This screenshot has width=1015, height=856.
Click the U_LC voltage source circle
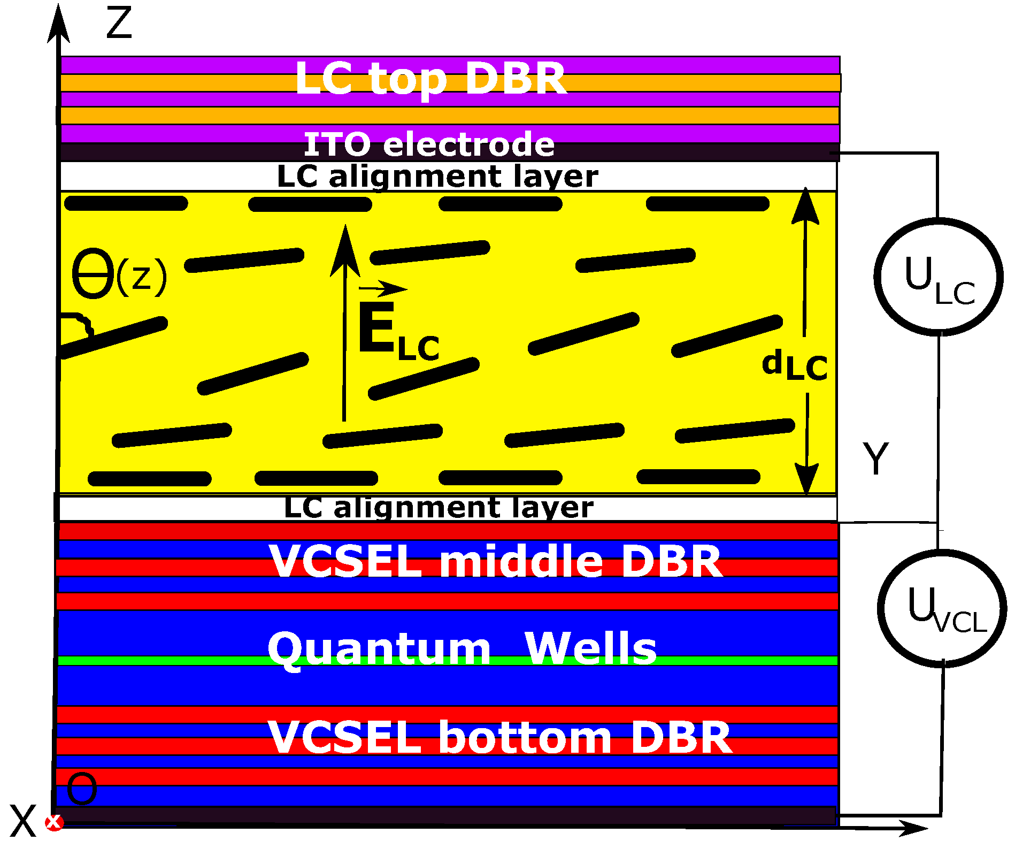(939, 277)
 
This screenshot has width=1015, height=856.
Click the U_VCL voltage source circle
(942, 608)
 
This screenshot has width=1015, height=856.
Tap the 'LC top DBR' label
(430, 79)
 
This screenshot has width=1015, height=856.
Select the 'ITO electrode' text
(429, 144)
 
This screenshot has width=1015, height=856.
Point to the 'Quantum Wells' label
(462, 648)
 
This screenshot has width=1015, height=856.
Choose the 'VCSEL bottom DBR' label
(499, 737)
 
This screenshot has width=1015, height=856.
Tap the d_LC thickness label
(795, 365)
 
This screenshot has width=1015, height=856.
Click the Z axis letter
(119, 24)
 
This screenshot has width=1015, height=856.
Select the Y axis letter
(875, 458)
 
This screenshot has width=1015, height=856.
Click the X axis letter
(22, 821)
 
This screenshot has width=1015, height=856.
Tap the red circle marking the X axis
(54, 822)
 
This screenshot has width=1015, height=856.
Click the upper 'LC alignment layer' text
(437, 177)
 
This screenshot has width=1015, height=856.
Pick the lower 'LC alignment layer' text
(439, 508)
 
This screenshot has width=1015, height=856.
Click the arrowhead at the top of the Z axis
(58, 24)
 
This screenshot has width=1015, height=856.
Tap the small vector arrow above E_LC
(382, 289)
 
